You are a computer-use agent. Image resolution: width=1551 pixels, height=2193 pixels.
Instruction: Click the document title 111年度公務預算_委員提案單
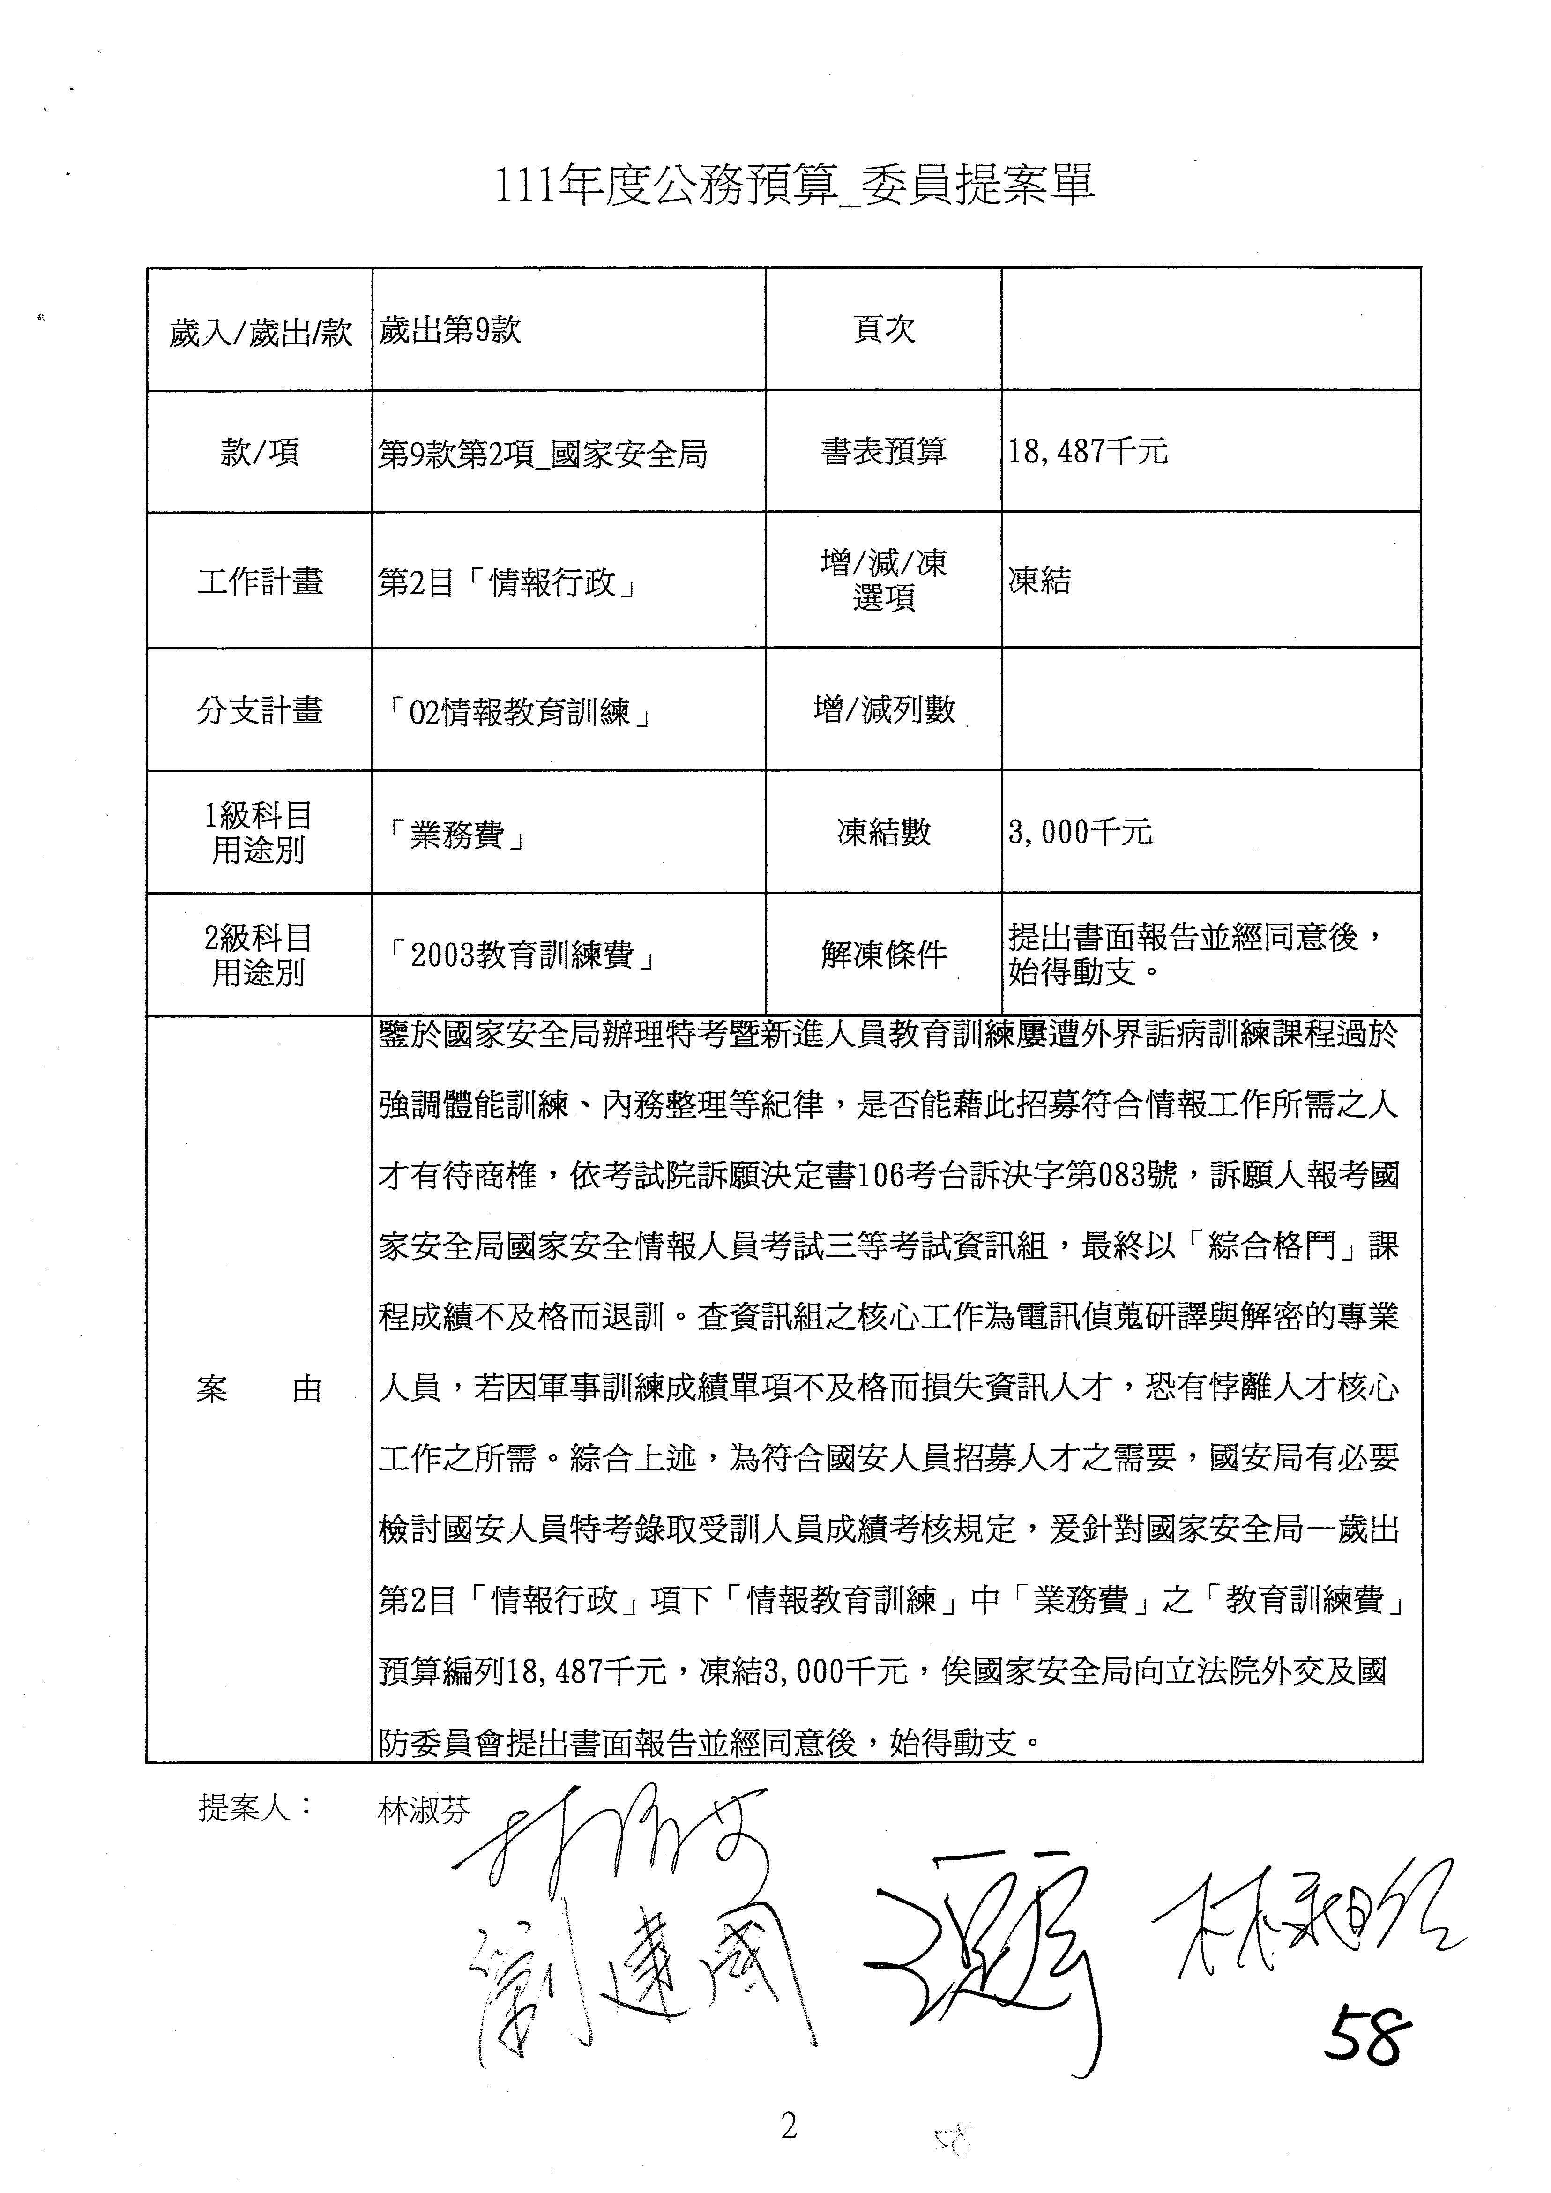click(793, 186)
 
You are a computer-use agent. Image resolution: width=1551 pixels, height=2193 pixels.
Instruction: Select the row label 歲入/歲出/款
click(260, 332)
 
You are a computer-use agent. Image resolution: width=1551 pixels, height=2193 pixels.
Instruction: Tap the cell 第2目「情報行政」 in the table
click(508, 582)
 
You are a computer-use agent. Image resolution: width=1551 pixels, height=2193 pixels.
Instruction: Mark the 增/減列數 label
click(883, 709)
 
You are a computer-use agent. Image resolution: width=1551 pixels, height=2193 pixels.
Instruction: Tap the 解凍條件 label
click(883, 953)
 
